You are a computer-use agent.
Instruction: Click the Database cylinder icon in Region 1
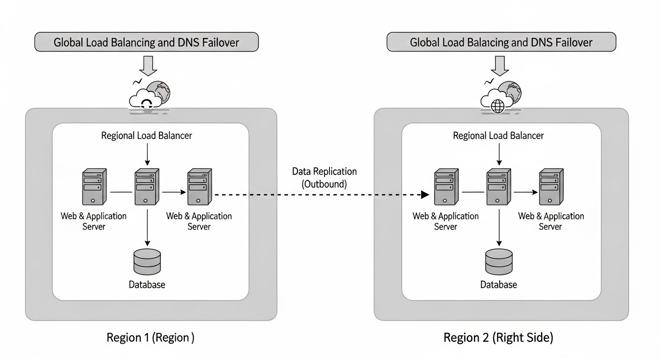147,262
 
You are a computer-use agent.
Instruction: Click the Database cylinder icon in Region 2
499,262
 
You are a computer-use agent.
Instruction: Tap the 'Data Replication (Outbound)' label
324,178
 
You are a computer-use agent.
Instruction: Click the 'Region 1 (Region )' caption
150,337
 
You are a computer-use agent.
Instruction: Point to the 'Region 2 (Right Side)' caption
498,337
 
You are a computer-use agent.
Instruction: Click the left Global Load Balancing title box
146,42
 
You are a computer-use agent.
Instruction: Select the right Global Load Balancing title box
501,42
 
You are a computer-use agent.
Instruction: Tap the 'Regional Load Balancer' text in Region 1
147,136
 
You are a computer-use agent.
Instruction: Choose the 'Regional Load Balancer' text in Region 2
498,136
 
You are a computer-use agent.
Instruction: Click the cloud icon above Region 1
145,99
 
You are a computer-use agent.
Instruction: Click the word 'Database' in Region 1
147,285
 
